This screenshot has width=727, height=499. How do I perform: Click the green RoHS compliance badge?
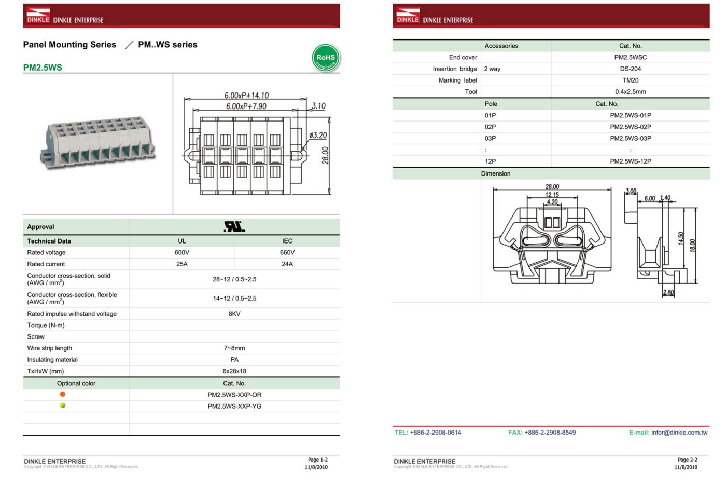pos(326,58)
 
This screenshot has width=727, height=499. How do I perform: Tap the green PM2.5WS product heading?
pos(43,68)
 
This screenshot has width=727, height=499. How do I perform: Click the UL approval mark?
pos(234,226)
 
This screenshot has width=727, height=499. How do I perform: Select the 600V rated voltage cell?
pos(181,252)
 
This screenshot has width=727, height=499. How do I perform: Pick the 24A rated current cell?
pos(287,264)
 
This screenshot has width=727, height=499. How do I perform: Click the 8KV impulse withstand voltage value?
pos(234,314)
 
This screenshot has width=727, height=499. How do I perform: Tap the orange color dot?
pos(63,394)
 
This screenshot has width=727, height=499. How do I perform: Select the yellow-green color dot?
pos(63,406)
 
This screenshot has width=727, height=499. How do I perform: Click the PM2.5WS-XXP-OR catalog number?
pos(234,395)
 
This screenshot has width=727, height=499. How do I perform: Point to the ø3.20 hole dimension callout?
pos(318,135)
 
